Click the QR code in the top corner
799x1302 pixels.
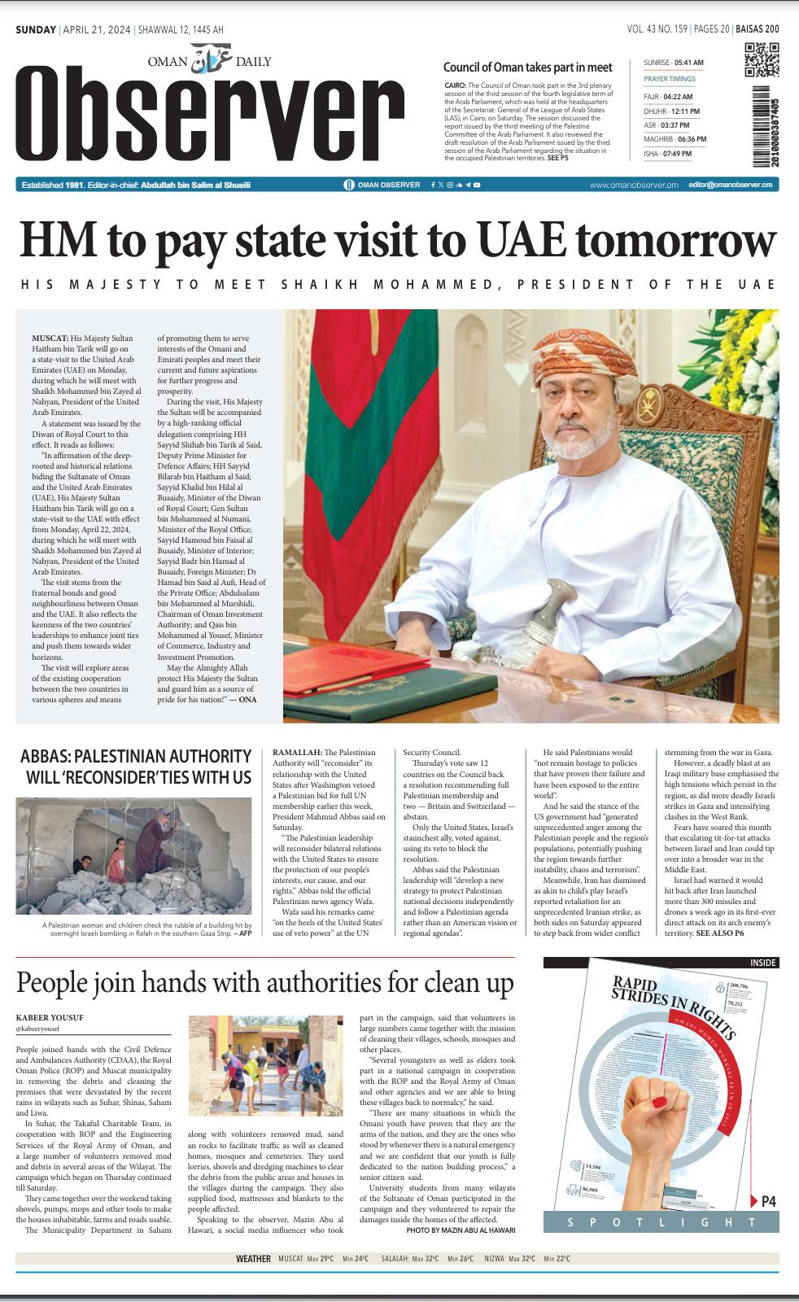(762, 60)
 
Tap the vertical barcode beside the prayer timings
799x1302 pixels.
(764, 126)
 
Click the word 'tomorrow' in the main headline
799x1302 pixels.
(675, 242)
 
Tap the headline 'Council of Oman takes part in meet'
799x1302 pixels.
(527, 68)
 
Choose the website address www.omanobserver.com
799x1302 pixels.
(634, 185)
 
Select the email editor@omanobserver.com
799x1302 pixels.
(730, 185)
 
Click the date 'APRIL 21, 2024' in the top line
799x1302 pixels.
(97, 30)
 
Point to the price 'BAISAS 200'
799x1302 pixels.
(757, 29)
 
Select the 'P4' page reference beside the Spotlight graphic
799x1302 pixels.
(768, 1201)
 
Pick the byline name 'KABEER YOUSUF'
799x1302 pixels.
(50, 1018)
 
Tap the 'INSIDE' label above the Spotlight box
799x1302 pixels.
(762, 963)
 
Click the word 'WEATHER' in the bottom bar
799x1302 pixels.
(253, 1259)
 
